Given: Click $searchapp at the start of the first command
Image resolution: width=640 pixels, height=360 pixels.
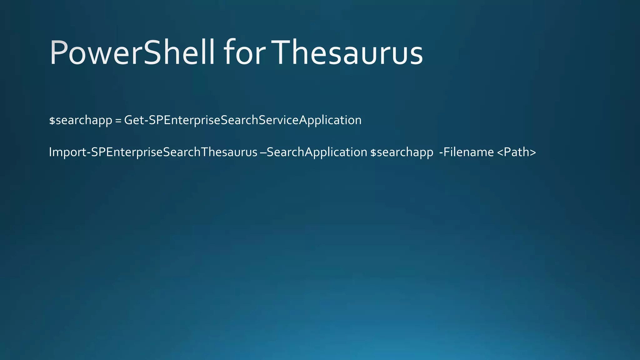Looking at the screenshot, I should (81, 120).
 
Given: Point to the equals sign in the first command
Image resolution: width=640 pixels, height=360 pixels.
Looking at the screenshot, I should (118, 121).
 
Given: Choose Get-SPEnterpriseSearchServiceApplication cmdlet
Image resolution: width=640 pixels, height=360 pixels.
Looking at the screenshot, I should (243, 120).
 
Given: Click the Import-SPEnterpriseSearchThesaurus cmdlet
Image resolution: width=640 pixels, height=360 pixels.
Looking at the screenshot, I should (153, 152).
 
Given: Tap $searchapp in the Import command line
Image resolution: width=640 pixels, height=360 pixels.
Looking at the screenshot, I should (402, 152).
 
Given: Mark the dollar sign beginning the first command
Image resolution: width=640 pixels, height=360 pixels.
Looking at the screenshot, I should (52, 121).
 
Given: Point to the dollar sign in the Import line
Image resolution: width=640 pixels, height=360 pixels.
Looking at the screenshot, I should (373, 152).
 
